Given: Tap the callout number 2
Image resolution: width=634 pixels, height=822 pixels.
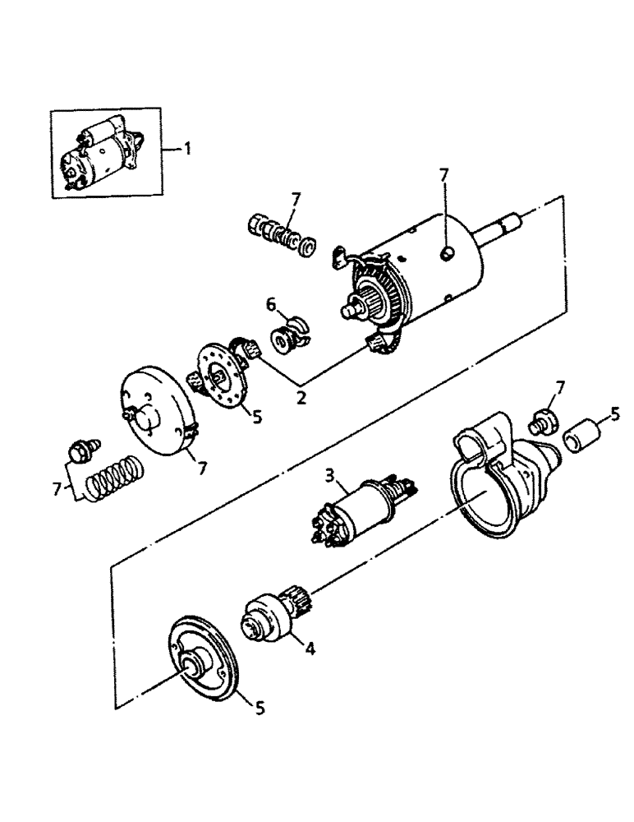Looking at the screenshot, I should coord(301,398).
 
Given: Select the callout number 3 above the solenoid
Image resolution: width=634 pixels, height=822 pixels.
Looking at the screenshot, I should coord(329,475).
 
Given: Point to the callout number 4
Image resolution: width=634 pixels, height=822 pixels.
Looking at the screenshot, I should coord(310,647).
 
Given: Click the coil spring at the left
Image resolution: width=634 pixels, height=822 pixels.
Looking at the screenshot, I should coord(117,476).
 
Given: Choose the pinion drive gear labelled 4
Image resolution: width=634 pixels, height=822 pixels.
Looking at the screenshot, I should coord(267,625).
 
